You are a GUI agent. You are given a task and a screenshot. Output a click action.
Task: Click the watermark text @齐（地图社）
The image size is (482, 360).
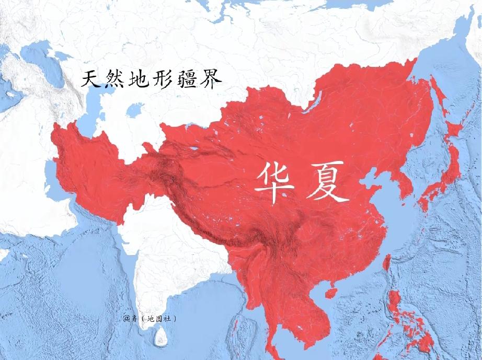click(150, 317)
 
